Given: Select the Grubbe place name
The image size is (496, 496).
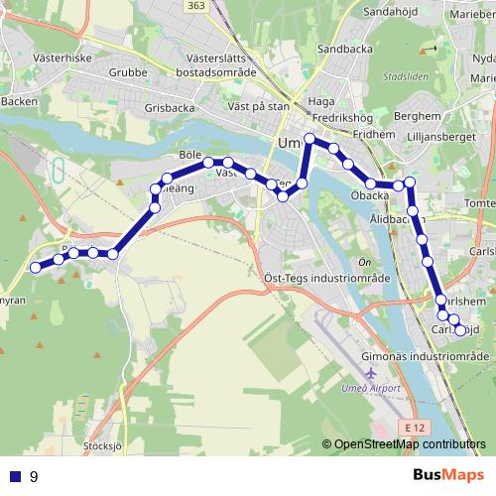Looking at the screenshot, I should [x=128, y=71].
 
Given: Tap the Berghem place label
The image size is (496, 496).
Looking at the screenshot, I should [x=414, y=116].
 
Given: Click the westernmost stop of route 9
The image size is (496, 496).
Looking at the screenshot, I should [x=36, y=267].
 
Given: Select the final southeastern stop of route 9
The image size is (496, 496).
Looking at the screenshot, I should [x=460, y=330].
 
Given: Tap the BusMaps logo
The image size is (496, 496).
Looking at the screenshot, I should [x=449, y=475].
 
